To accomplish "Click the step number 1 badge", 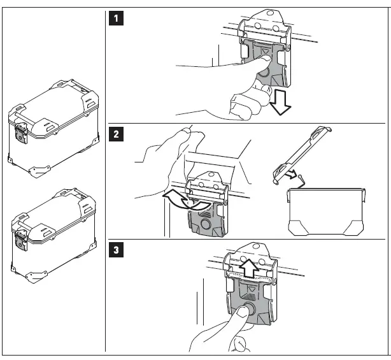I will click(x=115, y=18).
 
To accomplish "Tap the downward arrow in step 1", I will click(x=279, y=102).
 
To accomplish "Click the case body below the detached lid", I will click(x=326, y=210).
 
